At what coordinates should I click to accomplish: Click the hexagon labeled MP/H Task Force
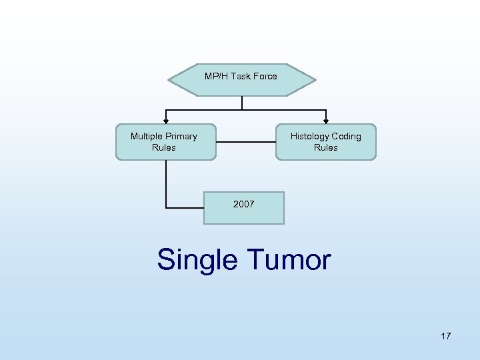click(x=241, y=80)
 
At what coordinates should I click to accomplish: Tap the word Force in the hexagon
click(x=265, y=76)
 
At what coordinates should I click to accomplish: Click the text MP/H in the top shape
click(x=216, y=76)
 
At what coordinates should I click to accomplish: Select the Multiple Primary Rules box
click(x=165, y=142)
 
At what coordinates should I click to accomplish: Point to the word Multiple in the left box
click(x=147, y=137)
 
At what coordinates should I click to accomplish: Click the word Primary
click(x=182, y=137)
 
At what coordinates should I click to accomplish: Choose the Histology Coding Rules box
click(x=325, y=142)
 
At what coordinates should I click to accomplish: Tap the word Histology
click(x=310, y=137)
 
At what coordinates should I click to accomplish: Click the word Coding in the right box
click(x=347, y=137)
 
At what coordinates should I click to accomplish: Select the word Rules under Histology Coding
click(x=325, y=148)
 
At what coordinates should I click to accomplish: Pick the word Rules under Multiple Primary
click(x=164, y=148)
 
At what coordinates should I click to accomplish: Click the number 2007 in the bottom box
click(x=244, y=205)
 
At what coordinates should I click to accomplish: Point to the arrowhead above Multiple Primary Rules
click(x=166, y=120)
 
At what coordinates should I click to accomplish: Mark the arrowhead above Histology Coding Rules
click(x=325, y=120)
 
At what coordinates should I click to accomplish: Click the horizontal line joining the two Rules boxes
click(x=246, y=141)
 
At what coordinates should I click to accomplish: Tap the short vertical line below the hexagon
click(x=242, y=103)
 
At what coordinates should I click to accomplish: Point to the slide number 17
click(x=445, y=336)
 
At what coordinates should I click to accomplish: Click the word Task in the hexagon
click(x=240, y=76)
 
